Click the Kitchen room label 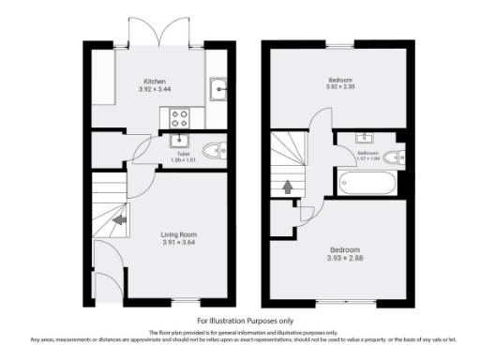click(x=156, y=81)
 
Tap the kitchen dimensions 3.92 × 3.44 click(x=156, y=89)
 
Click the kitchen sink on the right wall click(x=218, y=90)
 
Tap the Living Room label click(x=179, y=234)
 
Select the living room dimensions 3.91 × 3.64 click(x=179, y=243)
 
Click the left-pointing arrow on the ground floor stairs click(x=120, y=221)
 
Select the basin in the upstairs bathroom click(x=363, y=141)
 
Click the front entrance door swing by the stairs click(x=112, y=267)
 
